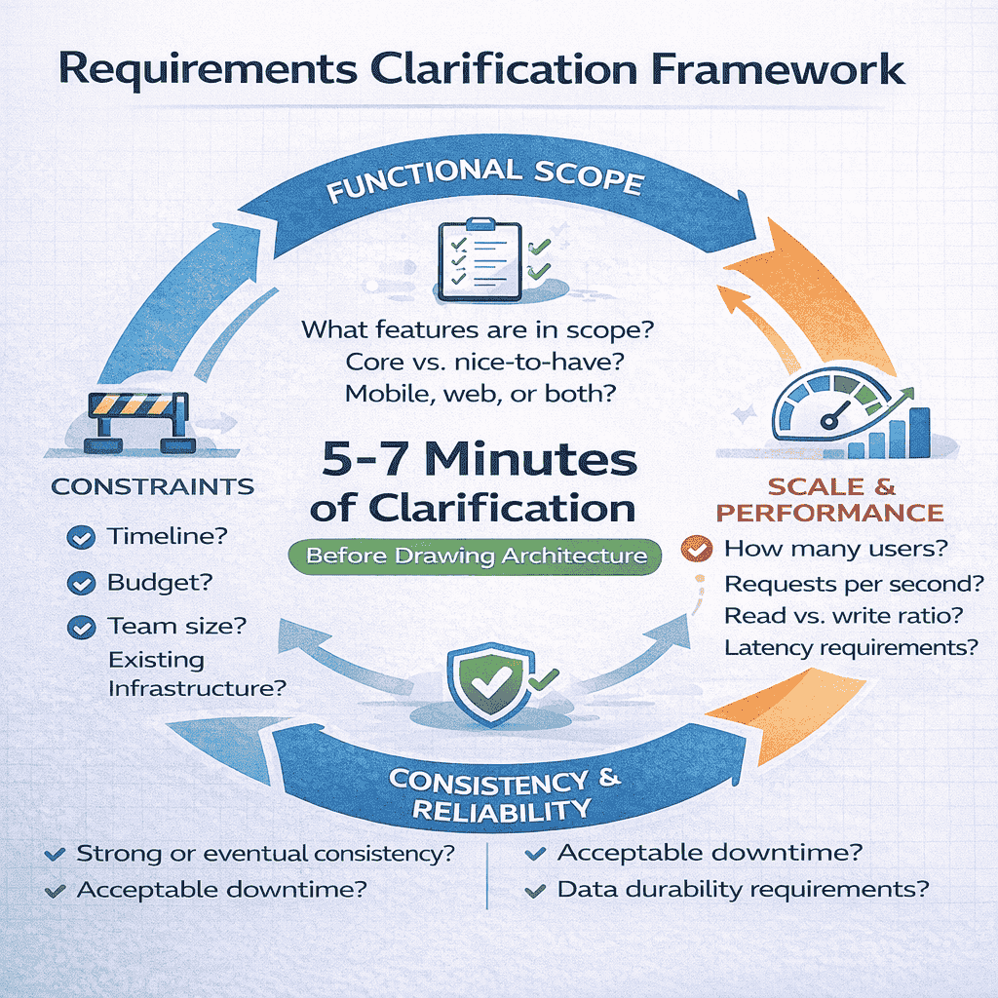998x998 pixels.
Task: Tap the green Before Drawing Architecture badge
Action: click(477, 557)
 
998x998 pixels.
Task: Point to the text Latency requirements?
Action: click(851, 646)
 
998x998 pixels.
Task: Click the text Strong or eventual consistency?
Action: click(265, 855)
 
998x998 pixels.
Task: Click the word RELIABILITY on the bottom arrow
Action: click(501, 808)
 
